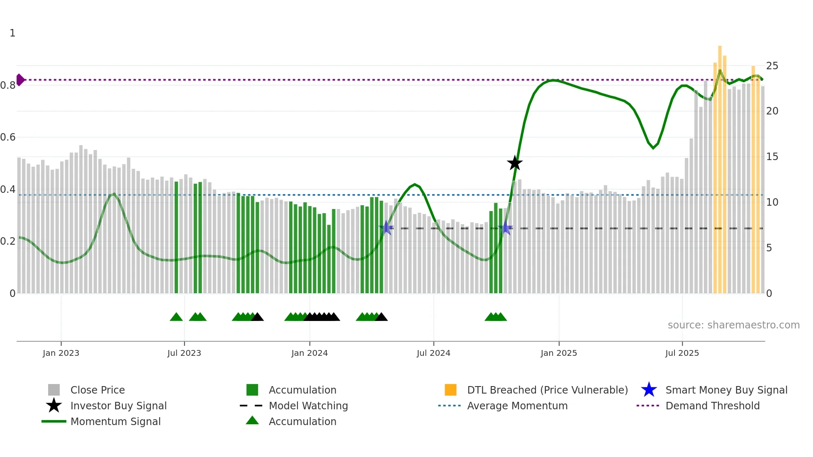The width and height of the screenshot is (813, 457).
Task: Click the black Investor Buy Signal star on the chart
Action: click(x=515, y=163)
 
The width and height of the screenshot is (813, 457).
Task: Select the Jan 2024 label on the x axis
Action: click(x=309, y=353)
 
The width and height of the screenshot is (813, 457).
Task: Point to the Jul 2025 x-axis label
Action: click(x=682, y=353)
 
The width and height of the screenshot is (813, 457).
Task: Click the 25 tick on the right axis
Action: click(x=772, y=66)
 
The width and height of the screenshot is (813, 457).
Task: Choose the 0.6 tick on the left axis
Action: click(x=8, y=137)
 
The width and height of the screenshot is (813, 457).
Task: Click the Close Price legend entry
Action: click(x=97, y=390)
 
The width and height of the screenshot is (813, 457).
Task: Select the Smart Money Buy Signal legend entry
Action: click(x=726, y=390)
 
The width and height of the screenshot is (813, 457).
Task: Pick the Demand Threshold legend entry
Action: click(x=712, y=406)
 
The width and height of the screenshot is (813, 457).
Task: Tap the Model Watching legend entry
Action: click(x=308, y=406)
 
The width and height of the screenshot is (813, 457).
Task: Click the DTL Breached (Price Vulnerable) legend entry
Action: click(x=547, y=390)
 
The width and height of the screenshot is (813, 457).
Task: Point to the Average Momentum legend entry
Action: click(x=517, y=406)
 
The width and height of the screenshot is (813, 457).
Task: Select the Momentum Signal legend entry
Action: click(x=115, y=421)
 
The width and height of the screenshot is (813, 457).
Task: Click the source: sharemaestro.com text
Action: click(x=733, y=325)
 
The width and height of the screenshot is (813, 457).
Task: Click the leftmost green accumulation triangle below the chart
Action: click(x=176, y=317)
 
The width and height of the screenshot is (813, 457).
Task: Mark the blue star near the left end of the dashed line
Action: click(x=386, y=228)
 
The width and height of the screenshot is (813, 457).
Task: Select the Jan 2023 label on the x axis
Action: click(x=61, y=353)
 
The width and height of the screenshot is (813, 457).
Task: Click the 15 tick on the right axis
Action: click(x=772, y=157)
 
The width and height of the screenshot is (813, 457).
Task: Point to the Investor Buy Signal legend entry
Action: click(x=118, y=406)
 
